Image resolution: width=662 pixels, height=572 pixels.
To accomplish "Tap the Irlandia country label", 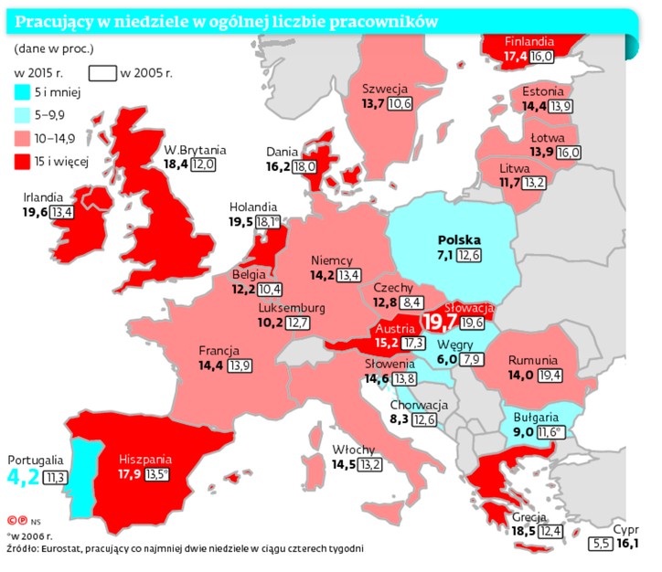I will [44, 196].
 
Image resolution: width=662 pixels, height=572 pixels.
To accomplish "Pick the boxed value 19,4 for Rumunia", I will [550, 375].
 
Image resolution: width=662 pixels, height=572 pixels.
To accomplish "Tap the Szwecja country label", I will [384, 89].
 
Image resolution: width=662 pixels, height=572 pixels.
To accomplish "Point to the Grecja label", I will [529, 517].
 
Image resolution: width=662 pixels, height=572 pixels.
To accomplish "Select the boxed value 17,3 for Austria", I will [413, 344].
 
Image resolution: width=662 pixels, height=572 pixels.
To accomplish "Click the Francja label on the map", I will [219, 351].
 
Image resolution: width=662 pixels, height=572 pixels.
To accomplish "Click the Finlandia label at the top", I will [529, 42].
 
